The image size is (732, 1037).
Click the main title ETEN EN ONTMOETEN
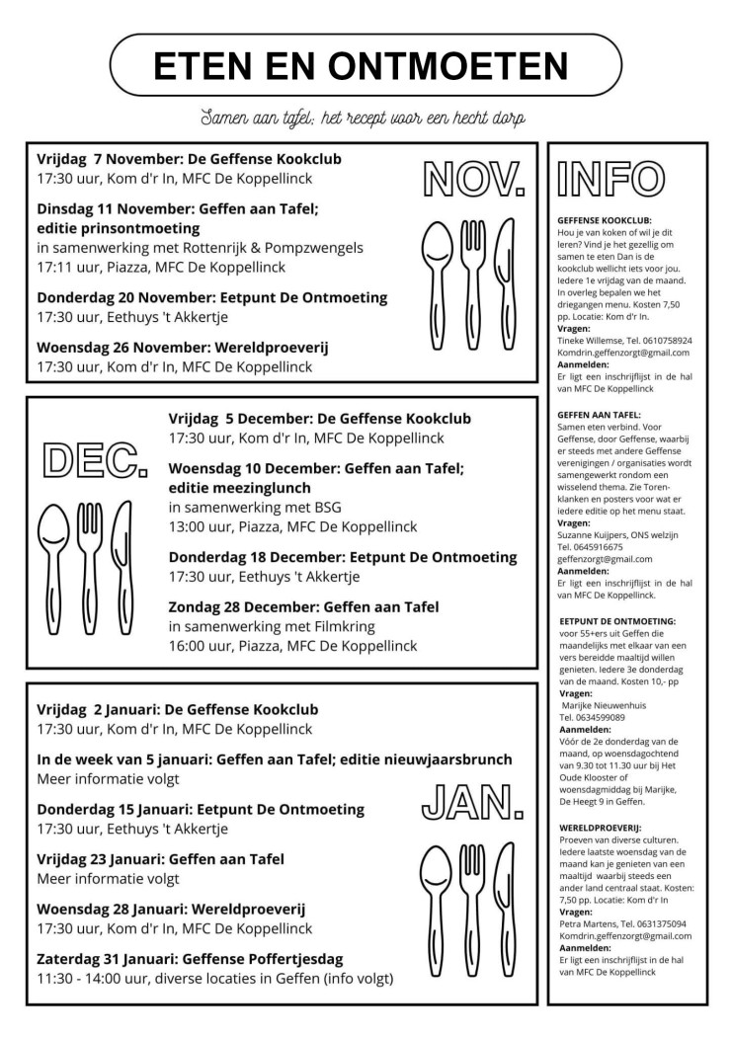(361, 65)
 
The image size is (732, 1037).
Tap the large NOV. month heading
(473, 178)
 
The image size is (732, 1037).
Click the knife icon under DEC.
(122, 553)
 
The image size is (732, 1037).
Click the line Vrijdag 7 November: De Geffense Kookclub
(191, 158)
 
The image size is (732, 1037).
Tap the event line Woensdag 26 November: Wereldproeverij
(183, 347)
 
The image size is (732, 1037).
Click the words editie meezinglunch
(239, 488)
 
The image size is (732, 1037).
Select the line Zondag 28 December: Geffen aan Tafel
(303, 606)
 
